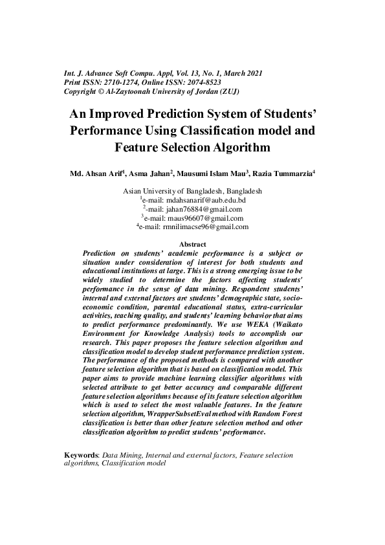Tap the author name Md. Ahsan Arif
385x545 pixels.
click(98, 174)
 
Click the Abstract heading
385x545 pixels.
click(192, 243)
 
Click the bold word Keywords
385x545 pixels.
click(80, 455)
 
